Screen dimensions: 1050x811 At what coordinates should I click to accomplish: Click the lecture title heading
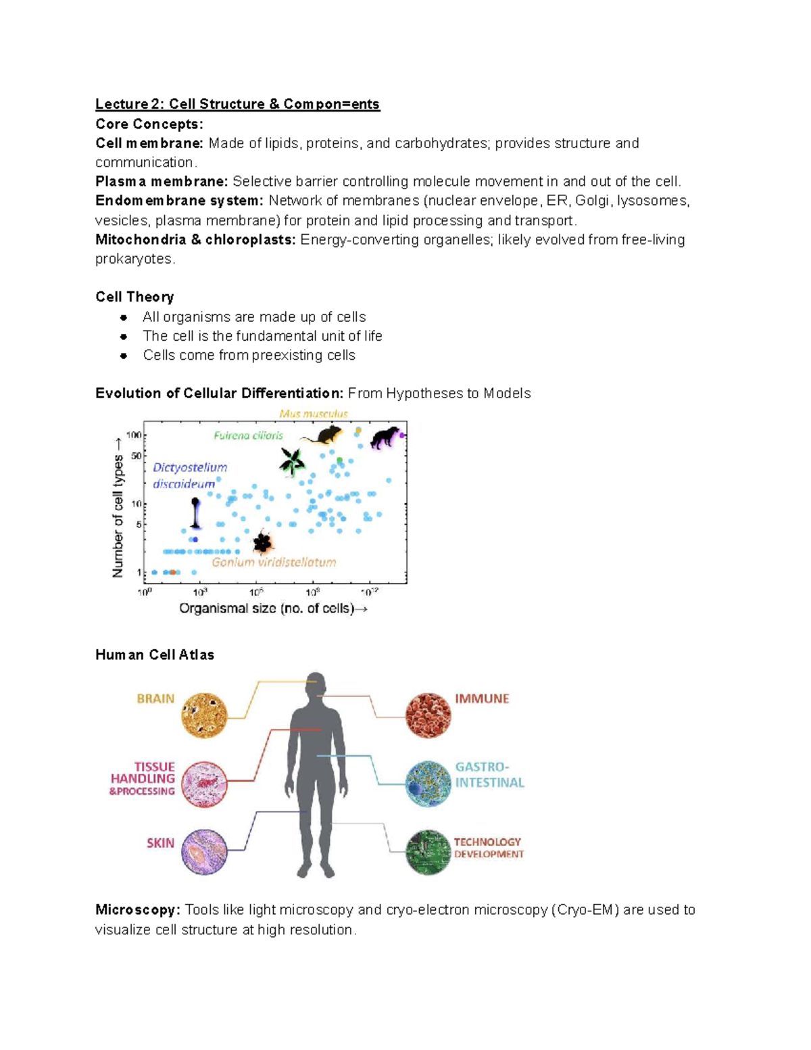pos(237,104)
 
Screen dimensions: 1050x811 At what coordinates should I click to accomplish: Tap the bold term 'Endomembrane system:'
pos(179,201)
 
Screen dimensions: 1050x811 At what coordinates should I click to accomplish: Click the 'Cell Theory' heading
pos(134,297)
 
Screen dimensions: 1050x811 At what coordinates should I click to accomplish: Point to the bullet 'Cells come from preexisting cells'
pos(249,356)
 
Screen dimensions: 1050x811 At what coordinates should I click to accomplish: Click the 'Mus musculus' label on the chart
pos(314,414)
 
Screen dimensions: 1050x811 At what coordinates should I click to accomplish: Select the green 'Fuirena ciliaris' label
pos(248,436)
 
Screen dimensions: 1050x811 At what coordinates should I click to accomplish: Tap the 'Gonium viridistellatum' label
pos(274,563)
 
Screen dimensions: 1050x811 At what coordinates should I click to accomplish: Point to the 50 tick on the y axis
pos(136,456)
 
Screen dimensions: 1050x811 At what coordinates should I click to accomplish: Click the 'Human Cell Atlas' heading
pos(155,654)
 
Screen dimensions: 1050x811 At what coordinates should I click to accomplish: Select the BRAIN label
pos(155,698)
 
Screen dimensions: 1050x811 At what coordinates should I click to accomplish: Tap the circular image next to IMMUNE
pos(428,716)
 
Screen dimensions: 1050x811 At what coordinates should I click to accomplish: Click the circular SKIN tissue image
pos(204,852)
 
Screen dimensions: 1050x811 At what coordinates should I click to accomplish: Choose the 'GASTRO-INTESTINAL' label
pos(489,775)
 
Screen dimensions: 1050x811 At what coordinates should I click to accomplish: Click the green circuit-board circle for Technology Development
pos(428,853)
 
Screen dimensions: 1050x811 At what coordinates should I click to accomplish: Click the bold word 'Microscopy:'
pos(138,910)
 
